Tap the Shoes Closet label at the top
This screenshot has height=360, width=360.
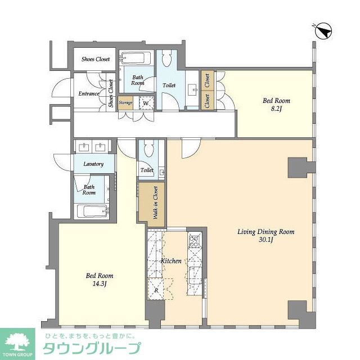click(x=96, y=59)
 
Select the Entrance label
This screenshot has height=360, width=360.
click(x=89, y=94)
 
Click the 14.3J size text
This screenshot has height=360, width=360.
click(x=100, y=285)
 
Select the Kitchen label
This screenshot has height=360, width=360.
click(x=172, y=261)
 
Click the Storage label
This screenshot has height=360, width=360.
click(x=125, y=103)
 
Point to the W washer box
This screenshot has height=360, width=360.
click(x=145, y=103)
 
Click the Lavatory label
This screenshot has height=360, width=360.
click(x=93, y=164)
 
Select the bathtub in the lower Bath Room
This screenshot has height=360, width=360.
click(x=92, y=212)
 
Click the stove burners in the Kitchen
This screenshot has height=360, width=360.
click(x=194, y=242)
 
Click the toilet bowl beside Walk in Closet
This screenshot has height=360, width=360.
click(x=148, y=149)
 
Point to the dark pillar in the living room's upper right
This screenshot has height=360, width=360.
click(x=298, y=167)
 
